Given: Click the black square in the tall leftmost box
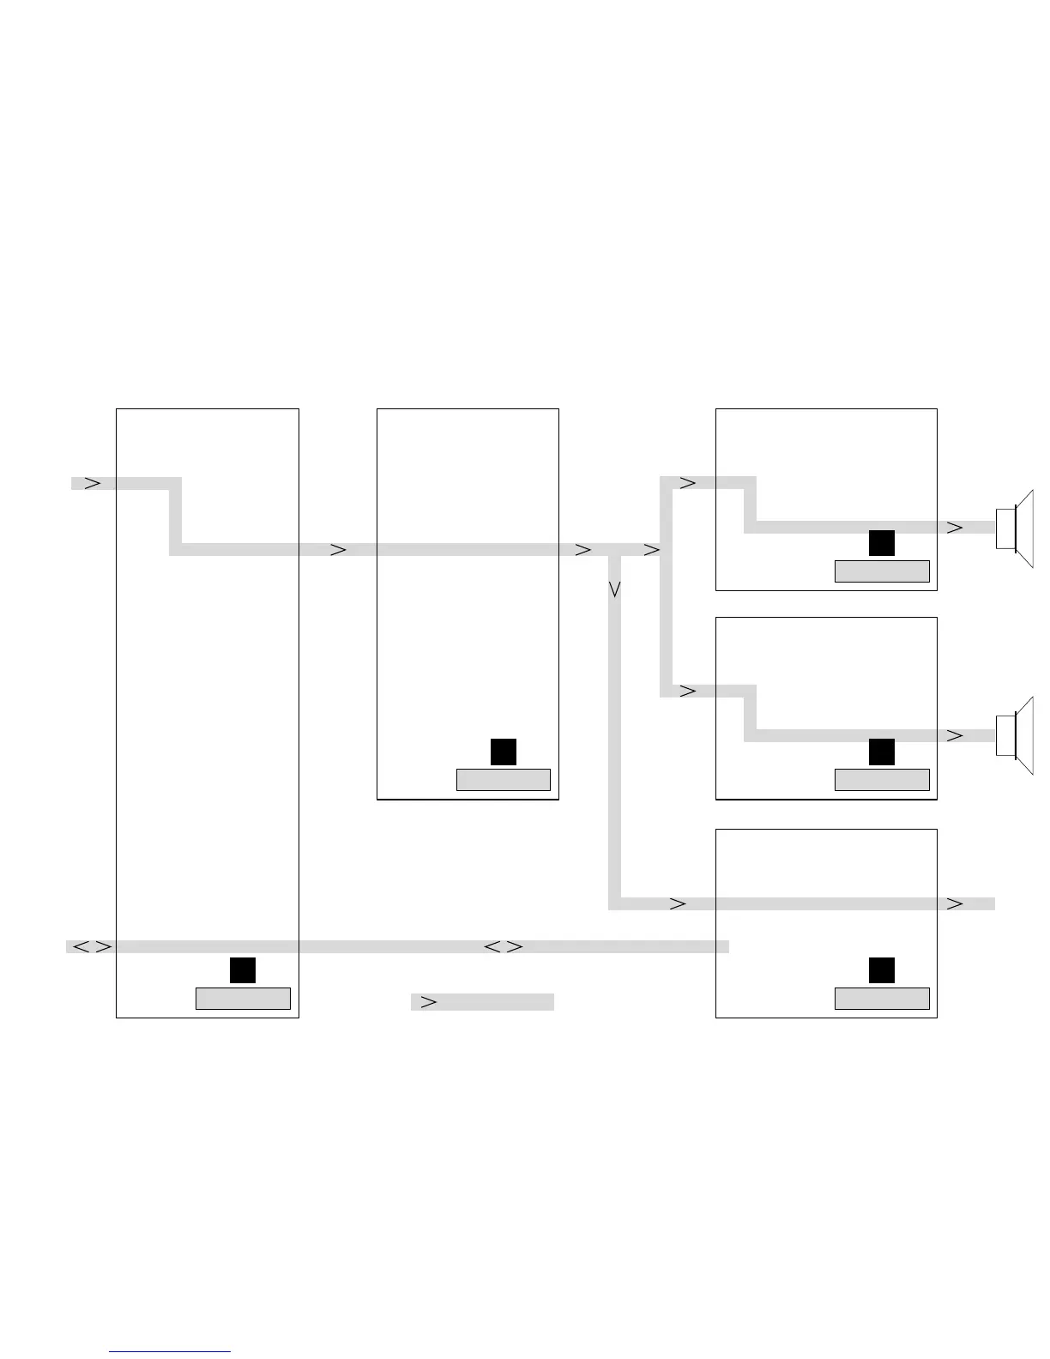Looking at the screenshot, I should (243, 970).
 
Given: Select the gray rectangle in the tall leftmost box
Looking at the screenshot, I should (243, 999).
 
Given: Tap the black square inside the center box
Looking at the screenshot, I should (504, 752).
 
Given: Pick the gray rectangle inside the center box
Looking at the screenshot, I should (504, 780).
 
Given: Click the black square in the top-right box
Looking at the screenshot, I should (882, 543).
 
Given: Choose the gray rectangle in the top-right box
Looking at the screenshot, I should (882, 571).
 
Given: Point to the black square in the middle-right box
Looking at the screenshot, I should (882, 752).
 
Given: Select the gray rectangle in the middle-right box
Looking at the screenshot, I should (882, 780).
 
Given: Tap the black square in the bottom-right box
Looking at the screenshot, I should (882, 970).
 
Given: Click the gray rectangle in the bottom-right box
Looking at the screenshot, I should (882, 999).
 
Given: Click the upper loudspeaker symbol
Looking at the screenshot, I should (1014, 528).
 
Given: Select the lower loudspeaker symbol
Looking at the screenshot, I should (1014, 736).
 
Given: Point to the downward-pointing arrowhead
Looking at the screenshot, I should (614, 589).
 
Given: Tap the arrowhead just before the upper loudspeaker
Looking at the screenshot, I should (955, 528).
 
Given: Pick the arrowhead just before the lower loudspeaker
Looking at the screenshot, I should (955, 735).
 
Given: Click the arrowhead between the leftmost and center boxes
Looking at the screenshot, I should (339, 549).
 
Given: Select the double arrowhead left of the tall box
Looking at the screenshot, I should (91, 947).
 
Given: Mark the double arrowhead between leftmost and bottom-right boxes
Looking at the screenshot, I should (504, 947).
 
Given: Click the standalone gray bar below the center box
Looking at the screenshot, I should (482, 1002).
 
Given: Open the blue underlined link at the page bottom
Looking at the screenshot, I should (170, 1351).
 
